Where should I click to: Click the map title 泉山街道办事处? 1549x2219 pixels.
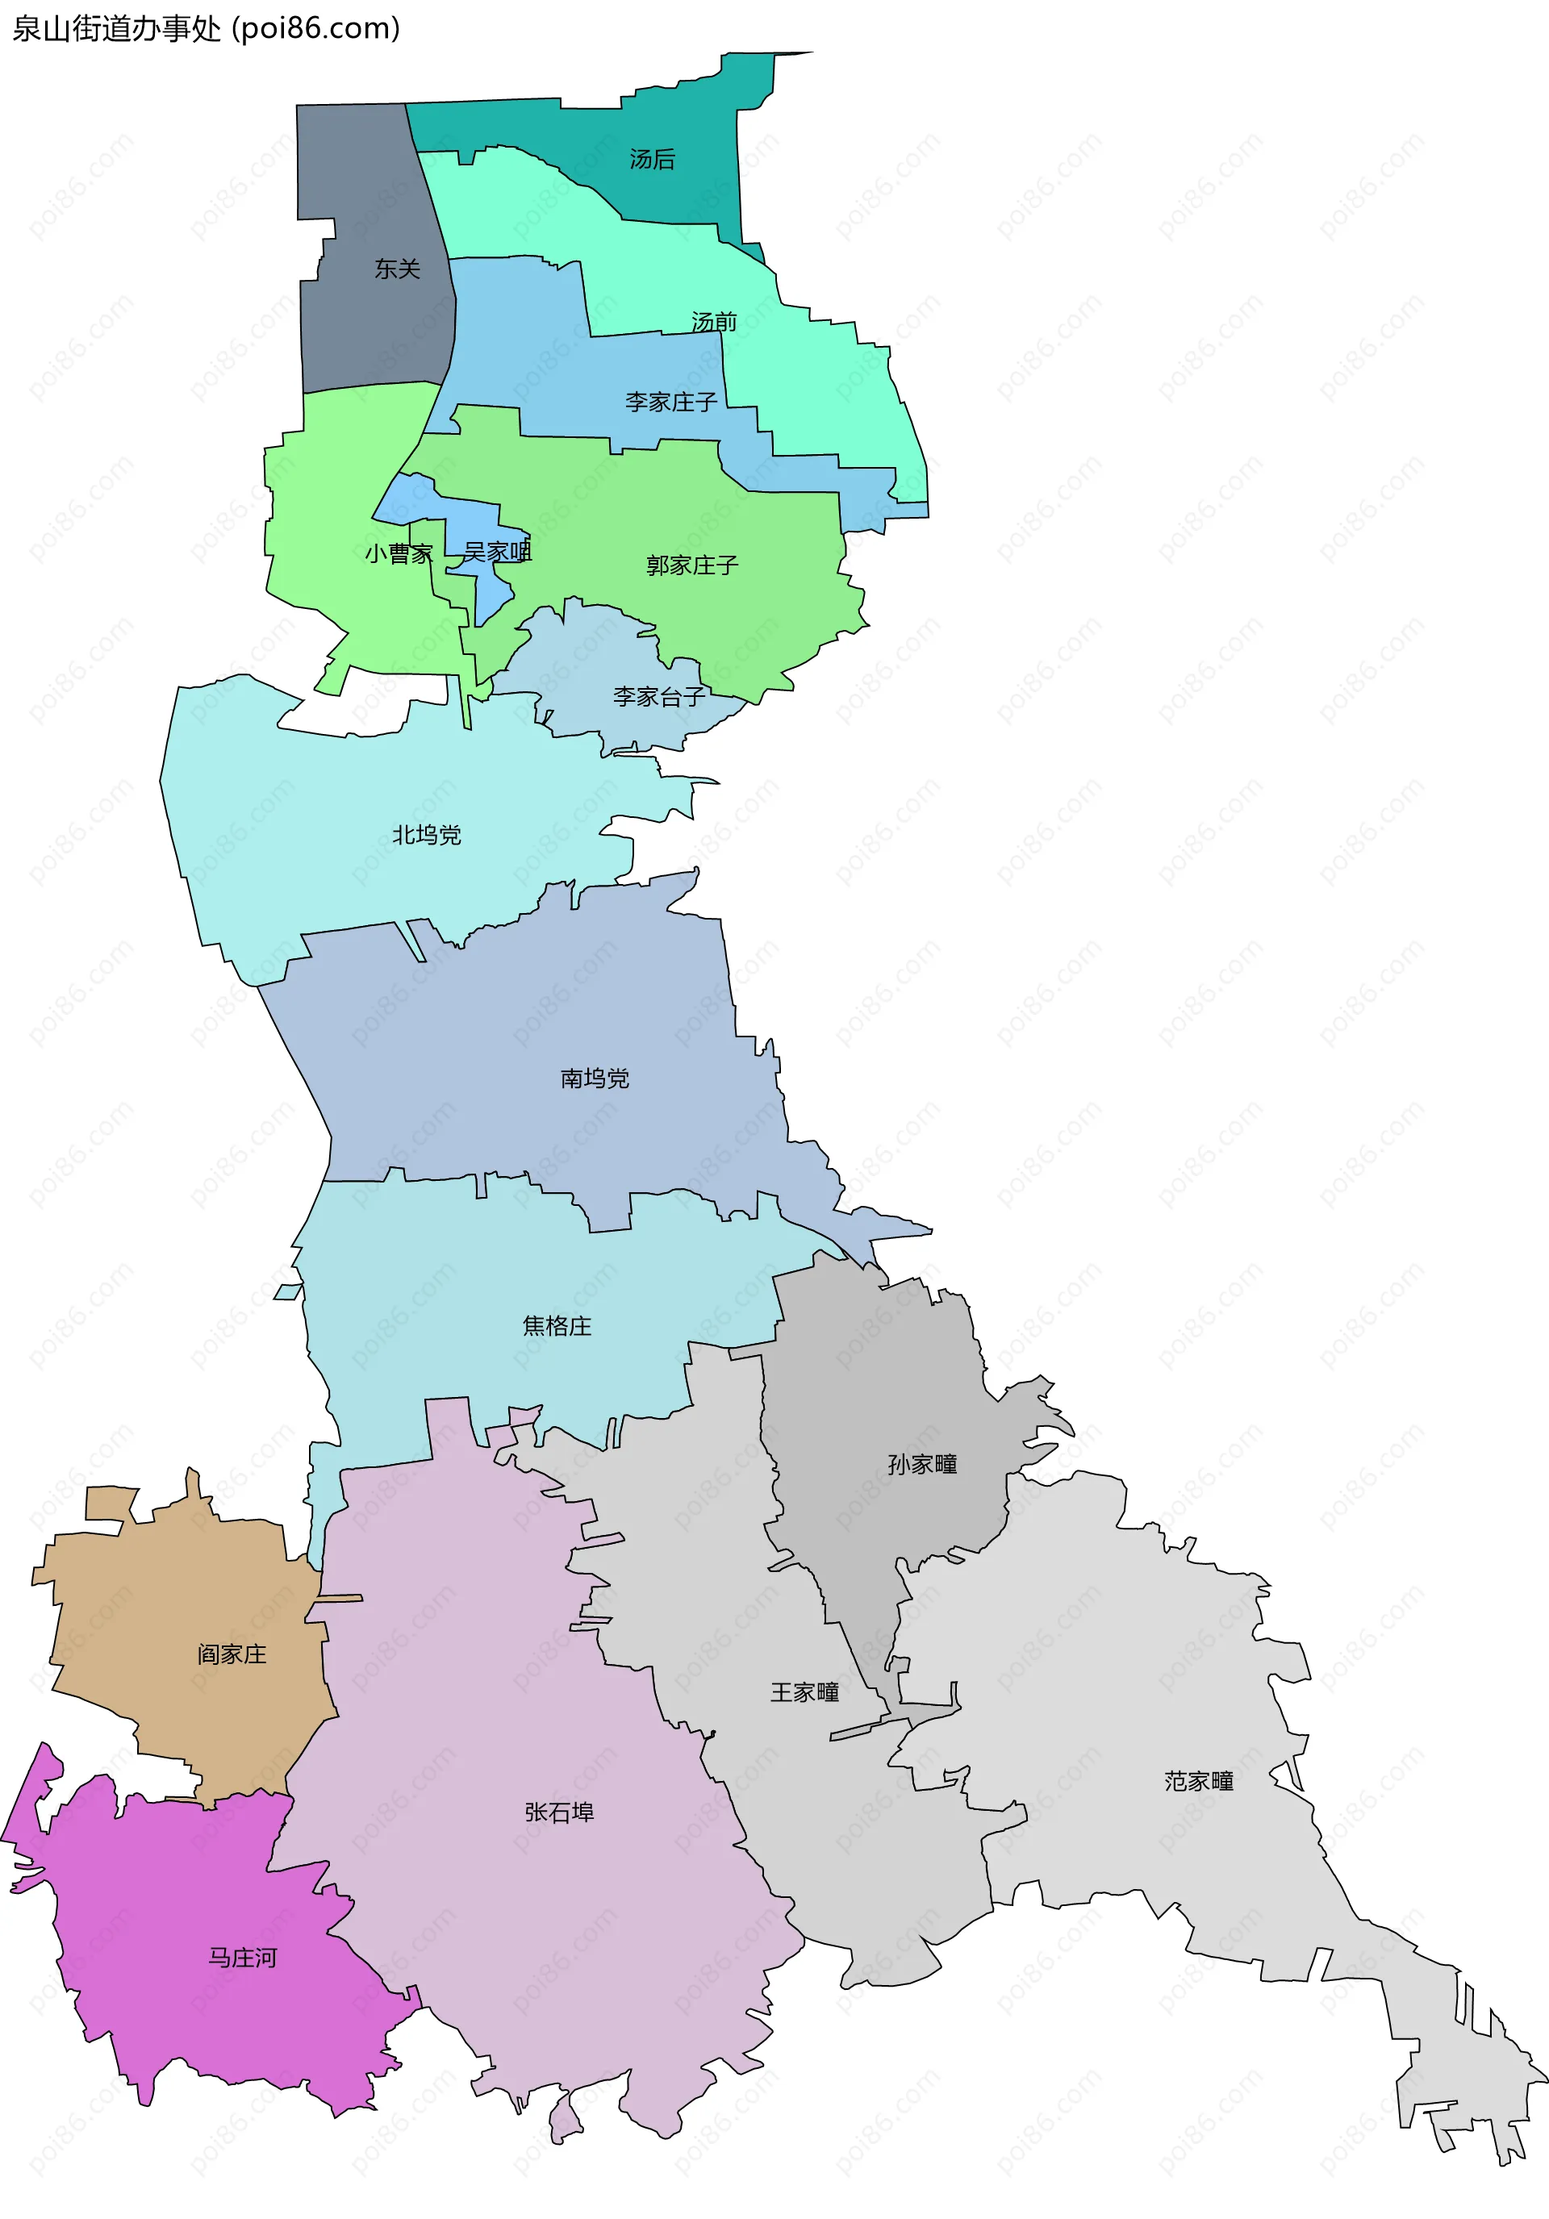click(116, 29)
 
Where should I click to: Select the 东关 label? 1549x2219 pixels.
click(398, 269)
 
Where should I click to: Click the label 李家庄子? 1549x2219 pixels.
click(671, 402)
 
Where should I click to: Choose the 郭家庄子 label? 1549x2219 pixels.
click(692, 565)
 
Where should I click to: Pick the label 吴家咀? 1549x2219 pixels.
click(497, 552)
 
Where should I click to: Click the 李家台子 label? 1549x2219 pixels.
click(658, 696)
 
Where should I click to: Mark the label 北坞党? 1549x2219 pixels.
click(427, 835)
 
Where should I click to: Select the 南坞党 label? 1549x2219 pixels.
click(595, 1078)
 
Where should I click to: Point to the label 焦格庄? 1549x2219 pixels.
click(557, 1326)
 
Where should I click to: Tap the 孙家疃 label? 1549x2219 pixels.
click(922, 1464)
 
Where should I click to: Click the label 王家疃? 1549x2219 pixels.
click(804, 1692)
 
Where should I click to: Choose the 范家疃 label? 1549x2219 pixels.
click(1199, 1781)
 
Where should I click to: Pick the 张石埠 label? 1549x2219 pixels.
click(559, 1812)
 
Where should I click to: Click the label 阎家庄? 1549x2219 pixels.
click(232, 1654)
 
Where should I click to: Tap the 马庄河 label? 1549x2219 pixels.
click(243, 1958)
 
